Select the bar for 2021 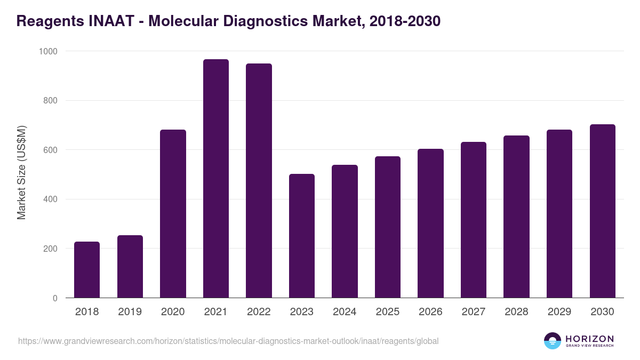click(215, 179)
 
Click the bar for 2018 click(87, 270)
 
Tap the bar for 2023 click(302, 236)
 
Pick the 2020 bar click(173, 214)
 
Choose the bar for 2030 click(603, 211)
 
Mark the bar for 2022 click(259, 181)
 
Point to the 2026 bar click(430, 223)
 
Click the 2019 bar click(130, 267)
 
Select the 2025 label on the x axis click(388, 312)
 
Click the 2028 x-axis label click(516, 312)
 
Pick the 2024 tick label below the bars click(345, 312)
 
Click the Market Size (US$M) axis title click(21, 173)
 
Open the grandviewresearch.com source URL click(228, 341)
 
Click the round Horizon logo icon click(553, 341)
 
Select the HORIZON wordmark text click(589, 338)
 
